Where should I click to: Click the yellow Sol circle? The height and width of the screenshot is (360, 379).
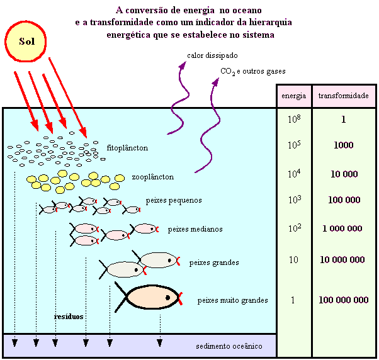(25, 42)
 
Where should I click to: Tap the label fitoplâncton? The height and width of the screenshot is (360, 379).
(127, 148)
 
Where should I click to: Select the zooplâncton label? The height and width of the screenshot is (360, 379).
(153, 177)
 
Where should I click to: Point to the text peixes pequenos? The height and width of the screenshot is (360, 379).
(174, 200)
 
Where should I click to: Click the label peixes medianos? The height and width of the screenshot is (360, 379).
(195, 229)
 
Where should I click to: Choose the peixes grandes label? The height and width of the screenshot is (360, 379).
(214, 262)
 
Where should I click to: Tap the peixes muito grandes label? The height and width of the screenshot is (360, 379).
(233, 300)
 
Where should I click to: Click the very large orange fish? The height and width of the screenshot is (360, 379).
(149, 297)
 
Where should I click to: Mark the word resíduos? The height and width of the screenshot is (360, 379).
(69, 317)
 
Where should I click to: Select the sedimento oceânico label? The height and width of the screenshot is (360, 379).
(229, 346)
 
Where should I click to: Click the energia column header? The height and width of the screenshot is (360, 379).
(293, 96)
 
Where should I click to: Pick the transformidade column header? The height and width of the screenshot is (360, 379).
(344, 96)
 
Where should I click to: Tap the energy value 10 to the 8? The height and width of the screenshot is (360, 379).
(294, 118)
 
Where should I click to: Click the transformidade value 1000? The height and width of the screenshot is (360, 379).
(344, 145)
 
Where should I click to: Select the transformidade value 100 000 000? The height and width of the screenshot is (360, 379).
(344, 300)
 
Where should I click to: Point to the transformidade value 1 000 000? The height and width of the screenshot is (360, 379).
(342, 228)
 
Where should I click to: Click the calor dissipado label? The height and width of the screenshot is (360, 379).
(212, 55)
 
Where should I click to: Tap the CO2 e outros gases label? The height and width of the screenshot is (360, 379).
(253, 72)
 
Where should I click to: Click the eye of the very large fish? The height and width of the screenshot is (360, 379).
(168, 298)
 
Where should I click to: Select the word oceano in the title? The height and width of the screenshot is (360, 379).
(247, 11)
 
